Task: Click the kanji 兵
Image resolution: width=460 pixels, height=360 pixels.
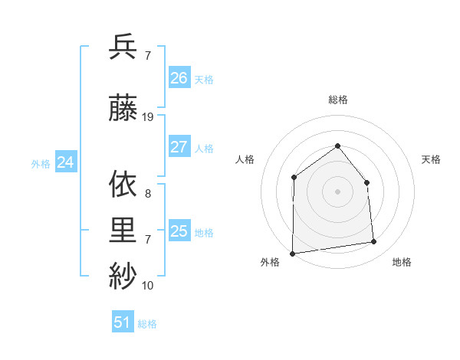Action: click(x=123, y=47)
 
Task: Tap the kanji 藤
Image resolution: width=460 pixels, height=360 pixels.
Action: click(x=123, y=110)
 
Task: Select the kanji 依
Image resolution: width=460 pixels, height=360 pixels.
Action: click(x=123, y=185)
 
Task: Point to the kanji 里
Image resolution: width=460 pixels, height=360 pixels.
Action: click(x=123, y=231)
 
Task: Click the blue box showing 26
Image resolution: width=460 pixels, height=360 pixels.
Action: click(x=179, y=78)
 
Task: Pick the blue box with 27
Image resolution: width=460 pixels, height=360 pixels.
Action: click(x=179, y=147)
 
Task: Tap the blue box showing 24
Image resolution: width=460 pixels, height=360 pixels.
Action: click(x=66, y=162)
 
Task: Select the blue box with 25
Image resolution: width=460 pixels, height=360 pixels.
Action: click(x=179, y=231)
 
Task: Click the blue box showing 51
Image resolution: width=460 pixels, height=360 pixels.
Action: click(x=123, y=322)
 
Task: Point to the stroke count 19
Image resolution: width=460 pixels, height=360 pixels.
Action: click(x=148, y=117)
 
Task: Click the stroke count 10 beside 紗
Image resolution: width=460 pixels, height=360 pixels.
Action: click(x=148, y=285)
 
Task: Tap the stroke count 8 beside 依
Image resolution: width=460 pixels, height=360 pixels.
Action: click(x=147, y=194)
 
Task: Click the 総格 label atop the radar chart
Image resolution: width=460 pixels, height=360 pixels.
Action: click(x=337, y=100)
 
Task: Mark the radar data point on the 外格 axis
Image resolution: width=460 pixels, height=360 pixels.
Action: click(x=292, y=254)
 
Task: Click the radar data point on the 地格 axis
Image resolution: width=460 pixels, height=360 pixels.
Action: click(x=374, y=242)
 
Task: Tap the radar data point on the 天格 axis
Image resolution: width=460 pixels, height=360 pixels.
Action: click(x=366, y=182)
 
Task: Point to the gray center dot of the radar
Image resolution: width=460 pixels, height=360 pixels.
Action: click(x=337, y=191)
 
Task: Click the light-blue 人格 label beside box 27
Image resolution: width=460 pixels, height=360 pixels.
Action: click(x=204, y=148)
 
